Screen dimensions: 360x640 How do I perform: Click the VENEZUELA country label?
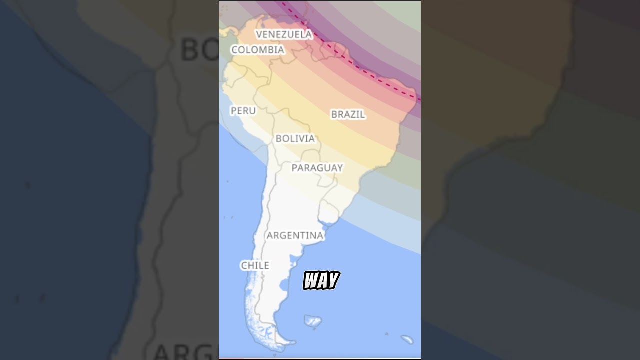[283, 34]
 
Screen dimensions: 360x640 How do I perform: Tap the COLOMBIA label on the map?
[257, 50]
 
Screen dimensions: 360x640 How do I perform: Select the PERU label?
[243, 111]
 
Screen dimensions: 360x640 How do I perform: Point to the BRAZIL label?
[348, 114]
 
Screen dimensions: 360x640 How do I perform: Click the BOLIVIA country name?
[295, 139]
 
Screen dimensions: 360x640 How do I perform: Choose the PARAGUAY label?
[317, 168]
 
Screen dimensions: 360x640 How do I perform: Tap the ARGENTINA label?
[295, 235]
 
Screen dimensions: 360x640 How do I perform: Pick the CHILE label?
[255, 266]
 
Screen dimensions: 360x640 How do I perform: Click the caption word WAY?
[321, 281]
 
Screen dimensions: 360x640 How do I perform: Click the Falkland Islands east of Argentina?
[313, 321]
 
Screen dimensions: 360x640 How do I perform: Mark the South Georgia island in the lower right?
[407, 340]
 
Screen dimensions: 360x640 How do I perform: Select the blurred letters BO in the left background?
[197, 50]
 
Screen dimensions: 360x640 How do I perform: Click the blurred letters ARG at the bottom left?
[185, 351]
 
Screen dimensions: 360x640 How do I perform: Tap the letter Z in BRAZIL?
[351, 114]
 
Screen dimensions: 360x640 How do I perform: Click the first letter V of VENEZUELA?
[259, 34]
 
